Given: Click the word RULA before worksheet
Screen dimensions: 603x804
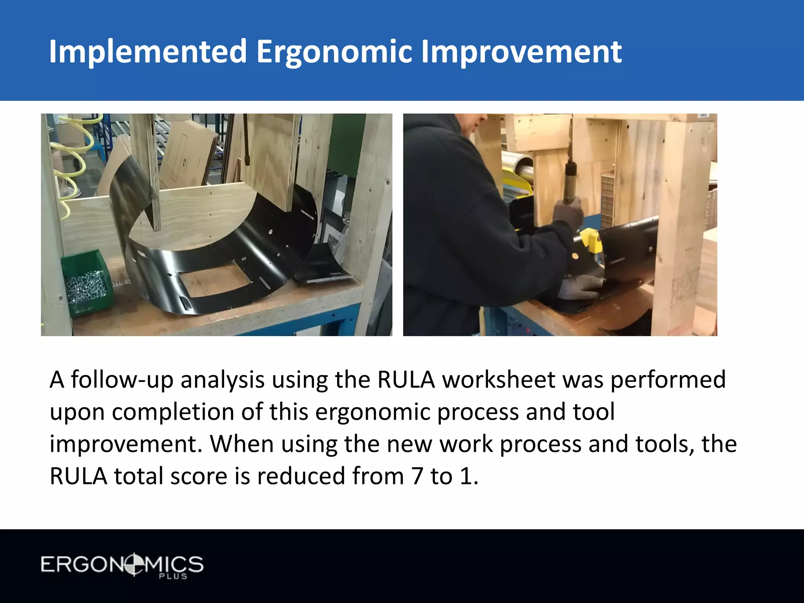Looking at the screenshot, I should pos(406,380).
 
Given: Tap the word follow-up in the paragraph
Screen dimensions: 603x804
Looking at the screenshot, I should pos(122,380).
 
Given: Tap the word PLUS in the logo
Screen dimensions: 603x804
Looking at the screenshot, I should pos(173,576).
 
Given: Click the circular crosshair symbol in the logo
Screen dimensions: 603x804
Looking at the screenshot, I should pos(134,565).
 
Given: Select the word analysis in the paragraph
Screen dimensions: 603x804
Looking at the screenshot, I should pos(222,380).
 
